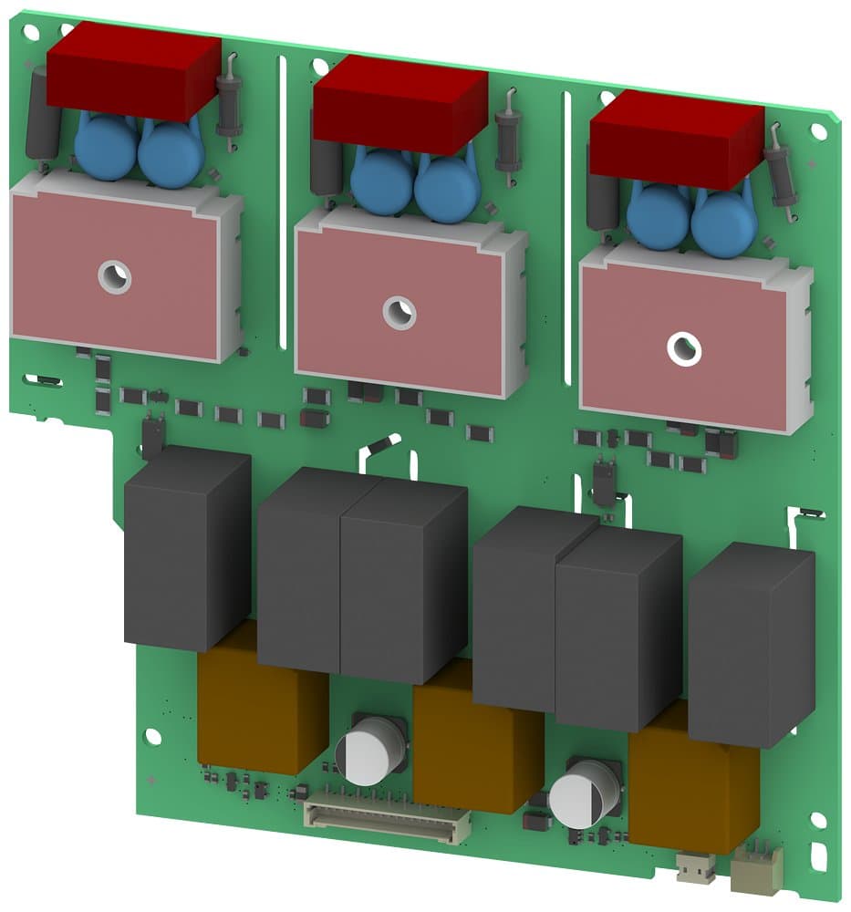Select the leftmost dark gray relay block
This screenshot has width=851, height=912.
tap(186, 547)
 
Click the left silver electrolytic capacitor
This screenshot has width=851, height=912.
tap(369, 752)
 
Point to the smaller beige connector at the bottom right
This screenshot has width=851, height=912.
tap(697, 868)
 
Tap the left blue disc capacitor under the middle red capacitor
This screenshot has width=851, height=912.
tap(381, 180)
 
